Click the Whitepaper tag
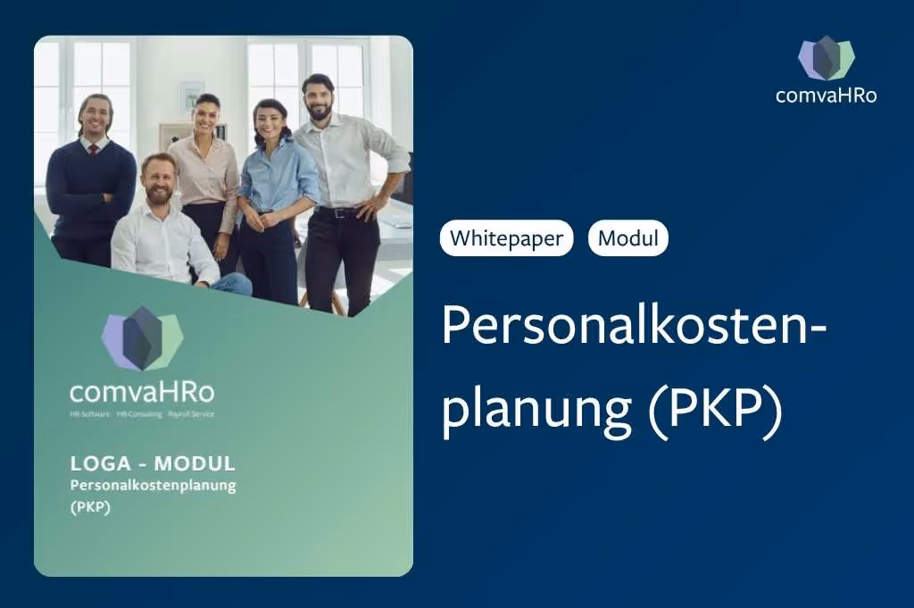506,238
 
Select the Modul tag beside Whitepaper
627,238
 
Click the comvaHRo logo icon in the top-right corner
826,58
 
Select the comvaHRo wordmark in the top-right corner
826,95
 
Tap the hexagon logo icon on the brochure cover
142,338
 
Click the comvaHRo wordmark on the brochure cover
142,391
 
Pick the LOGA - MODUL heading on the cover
153,463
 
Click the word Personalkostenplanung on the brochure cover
153,485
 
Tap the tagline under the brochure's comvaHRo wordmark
142,414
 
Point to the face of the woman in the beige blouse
206,116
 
